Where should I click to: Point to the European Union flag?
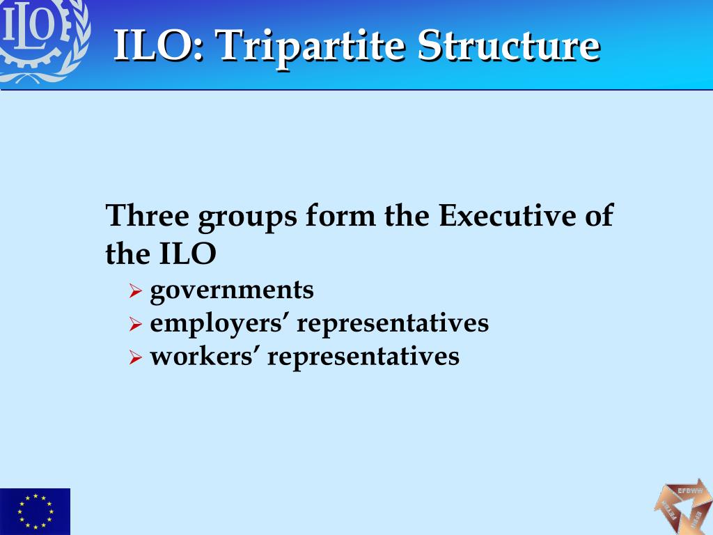click(x=35, y=511)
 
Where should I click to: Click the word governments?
click(x=232, y=290)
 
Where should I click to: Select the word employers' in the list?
click(x=219, y=324)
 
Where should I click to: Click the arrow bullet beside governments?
click(x=136, y=291)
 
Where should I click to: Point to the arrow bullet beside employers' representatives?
click(x=136, y=325)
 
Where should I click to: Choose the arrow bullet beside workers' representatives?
click(x=136, y=358)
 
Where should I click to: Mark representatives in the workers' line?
click(x=363, y=357)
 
